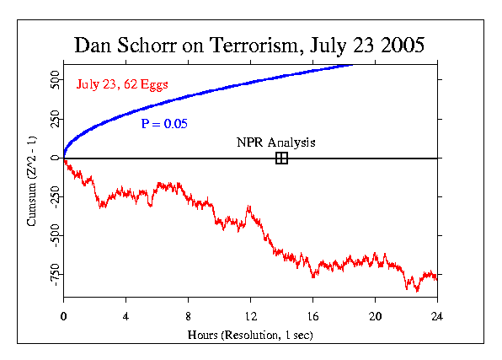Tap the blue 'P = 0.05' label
pyautogui.click(x=166, y=124)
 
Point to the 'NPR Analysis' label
pyautogui.click(x=275, y=142)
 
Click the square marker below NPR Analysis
pyautogui.click(x=281, y=158)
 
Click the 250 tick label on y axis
pyautogui.click(x=52, y=119)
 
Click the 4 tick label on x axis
pyautogui.click(x=125, y=316)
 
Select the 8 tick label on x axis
pyautogui.click(x=188, y=316)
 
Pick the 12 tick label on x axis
pyautogui.click(x=250, y=316)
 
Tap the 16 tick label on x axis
pyautogui.click(x=312, y=316)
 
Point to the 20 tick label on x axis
pyautogui.click(x=375, y=316)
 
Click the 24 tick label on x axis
pyautogui.click(x=436, y=316)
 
